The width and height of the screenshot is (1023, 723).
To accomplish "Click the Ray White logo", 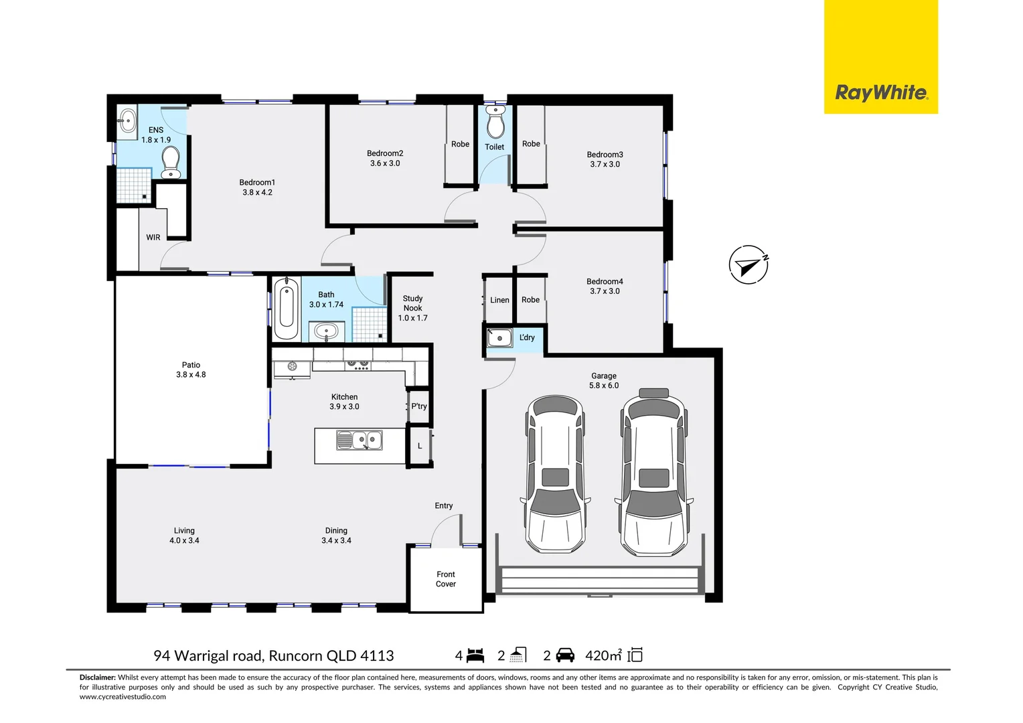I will [880, 92].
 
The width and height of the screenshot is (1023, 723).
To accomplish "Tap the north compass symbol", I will [748, 265].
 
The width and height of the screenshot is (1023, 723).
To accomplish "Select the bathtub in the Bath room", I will [286, 309].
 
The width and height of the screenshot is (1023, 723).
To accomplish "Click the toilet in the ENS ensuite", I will [171, 162].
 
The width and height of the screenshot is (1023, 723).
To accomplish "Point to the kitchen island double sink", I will [360, 440].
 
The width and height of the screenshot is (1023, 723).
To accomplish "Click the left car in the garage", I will [555, 474].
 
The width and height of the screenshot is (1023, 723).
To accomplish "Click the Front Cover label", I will [445, 579].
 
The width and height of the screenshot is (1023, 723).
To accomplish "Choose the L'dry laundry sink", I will [499, 338].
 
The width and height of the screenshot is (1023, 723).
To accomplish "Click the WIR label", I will [153, 238].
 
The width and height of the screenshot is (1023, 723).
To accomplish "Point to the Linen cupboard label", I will [499, 300].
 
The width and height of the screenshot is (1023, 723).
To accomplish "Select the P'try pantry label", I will [419, 406].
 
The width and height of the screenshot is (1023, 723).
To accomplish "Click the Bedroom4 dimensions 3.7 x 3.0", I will [605, 291].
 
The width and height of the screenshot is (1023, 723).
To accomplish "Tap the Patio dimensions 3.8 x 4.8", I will [191, 375].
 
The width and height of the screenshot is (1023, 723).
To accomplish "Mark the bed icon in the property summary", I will [475, 655].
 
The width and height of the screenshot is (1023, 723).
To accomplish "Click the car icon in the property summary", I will [565, 655].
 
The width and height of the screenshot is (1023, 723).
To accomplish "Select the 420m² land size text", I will [603, 655].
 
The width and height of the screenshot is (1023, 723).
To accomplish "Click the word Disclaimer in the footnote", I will [98, 677].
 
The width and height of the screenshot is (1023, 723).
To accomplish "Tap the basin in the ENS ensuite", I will [127, 123].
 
